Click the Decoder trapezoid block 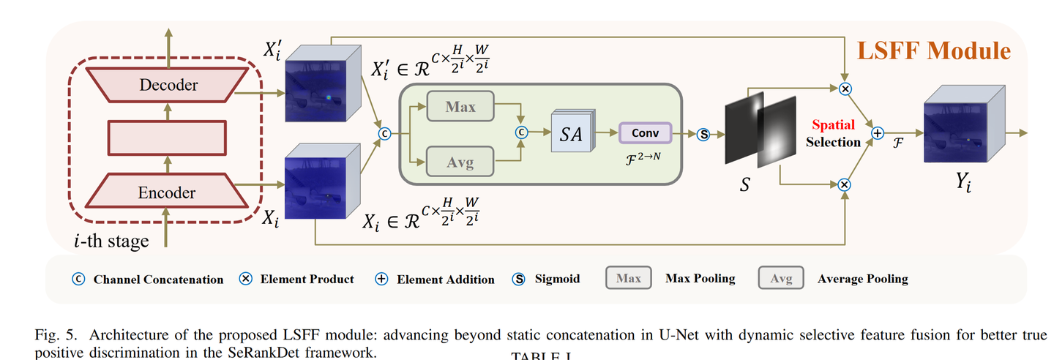click(168, 85)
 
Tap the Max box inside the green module click(460, 108)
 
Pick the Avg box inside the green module click(460, 162)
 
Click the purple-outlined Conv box click(645, 133)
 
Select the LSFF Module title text click(934, 50)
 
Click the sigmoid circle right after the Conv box click(704, 134)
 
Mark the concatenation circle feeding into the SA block click(521, 133)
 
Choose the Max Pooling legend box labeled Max click(629, 279)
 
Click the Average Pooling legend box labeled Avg click(781, 279)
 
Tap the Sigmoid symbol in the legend click(519, 279)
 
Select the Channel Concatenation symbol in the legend click(78, 279)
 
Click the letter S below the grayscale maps click(744, 185)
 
